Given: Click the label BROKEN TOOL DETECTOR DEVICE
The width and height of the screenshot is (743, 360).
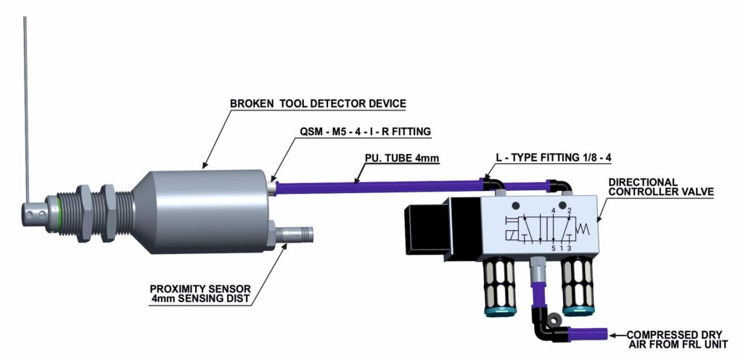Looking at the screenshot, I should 318,104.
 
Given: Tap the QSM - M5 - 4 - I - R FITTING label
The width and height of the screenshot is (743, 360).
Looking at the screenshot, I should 366,131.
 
